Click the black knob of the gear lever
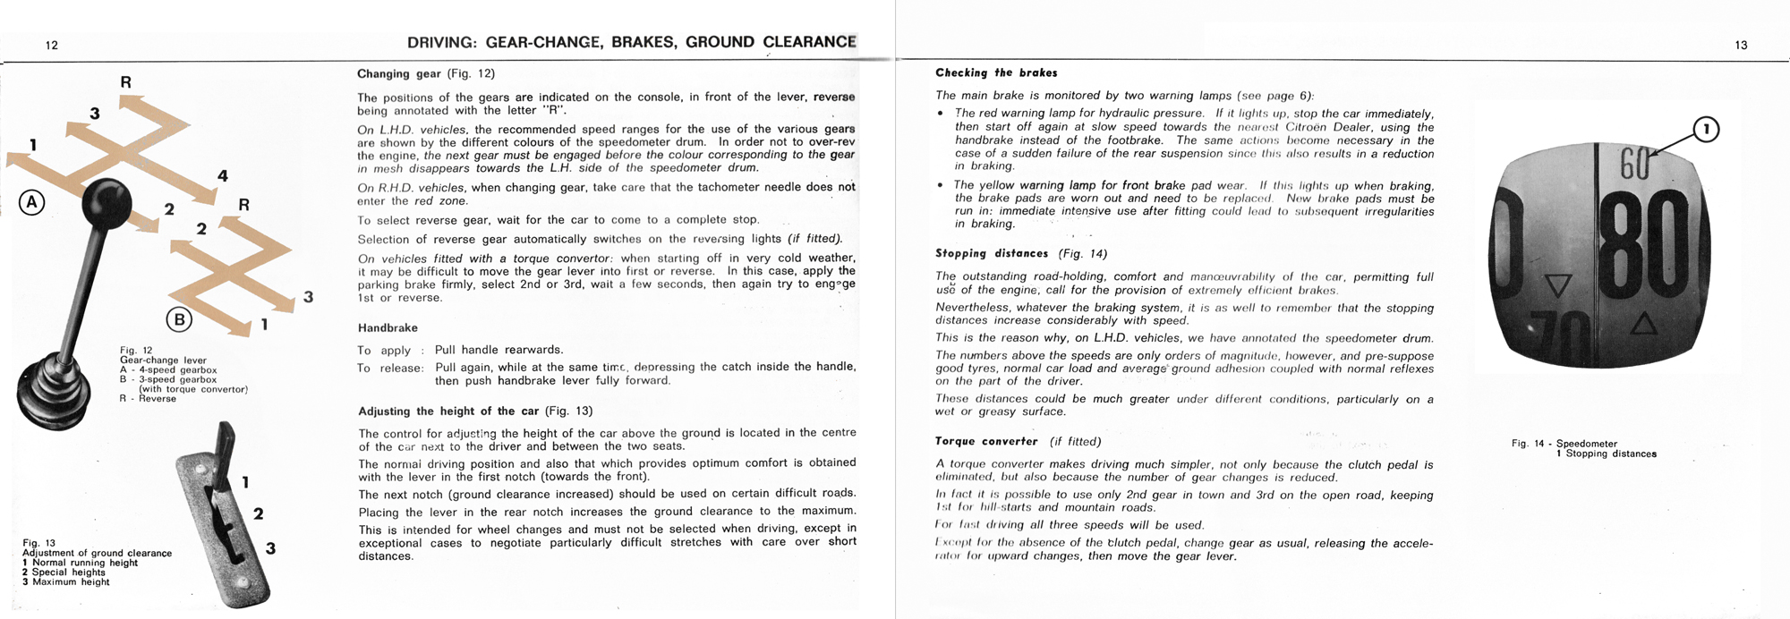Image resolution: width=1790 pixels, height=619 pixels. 107,202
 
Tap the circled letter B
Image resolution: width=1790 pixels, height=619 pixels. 179,318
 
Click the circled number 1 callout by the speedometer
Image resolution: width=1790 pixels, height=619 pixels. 1707,131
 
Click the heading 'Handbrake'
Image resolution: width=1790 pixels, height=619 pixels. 388,328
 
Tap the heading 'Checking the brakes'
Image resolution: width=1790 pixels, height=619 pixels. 996,72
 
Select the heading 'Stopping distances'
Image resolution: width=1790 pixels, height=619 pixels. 993,253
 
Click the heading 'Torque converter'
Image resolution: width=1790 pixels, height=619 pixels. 986,441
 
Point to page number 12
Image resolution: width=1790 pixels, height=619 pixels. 52,45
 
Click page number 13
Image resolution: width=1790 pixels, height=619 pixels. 1741,45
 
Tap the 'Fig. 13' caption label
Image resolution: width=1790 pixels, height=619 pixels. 38,543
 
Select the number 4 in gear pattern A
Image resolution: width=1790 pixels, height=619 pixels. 223,176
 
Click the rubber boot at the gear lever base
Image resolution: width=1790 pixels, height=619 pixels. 52,391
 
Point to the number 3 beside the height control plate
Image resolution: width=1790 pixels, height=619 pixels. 270,548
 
